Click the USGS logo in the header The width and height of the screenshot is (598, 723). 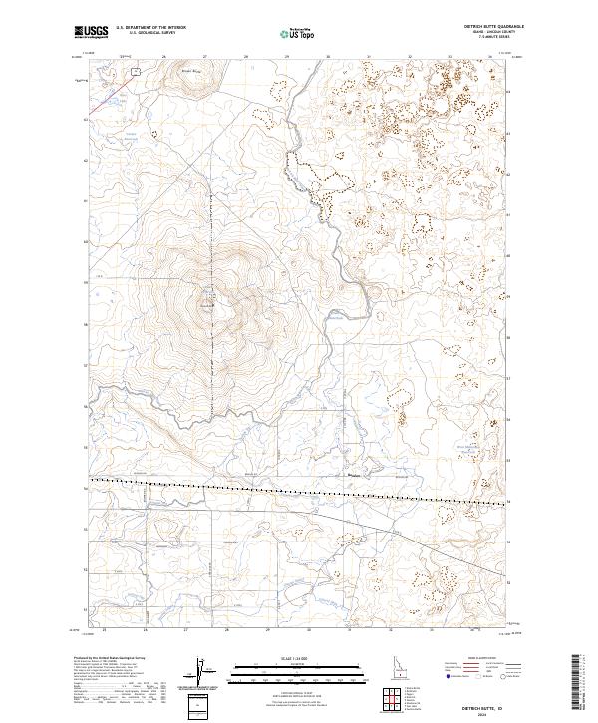(92, 32)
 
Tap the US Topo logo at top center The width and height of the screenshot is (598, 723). (296, 33)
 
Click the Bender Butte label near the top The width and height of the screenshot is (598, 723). (189, 71)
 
